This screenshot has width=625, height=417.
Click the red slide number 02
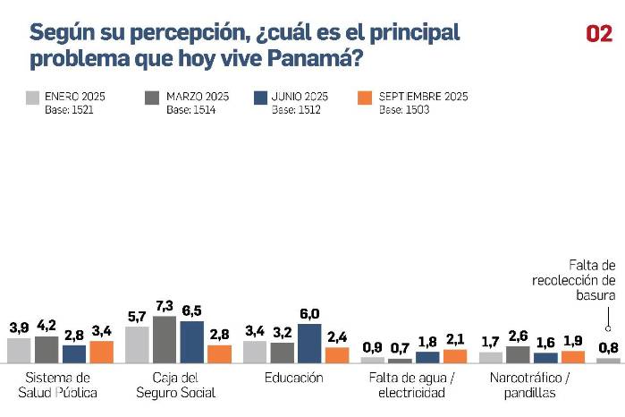click(598, 34)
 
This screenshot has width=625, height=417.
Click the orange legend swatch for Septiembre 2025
click(365, 98)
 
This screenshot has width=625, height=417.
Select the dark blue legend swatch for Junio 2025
click(260, 98)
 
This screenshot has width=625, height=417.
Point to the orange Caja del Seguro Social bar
click(219, 353)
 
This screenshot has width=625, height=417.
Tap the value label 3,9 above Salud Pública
click(19, 328)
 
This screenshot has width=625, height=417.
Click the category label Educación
click(294, 378)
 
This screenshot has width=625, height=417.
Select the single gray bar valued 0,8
click(608, 360)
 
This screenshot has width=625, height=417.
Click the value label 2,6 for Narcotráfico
click(518, 336)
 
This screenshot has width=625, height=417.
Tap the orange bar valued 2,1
click(455, 355)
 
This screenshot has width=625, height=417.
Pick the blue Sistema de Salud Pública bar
click(74, 353)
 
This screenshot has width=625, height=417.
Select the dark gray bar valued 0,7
click(400, 360)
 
